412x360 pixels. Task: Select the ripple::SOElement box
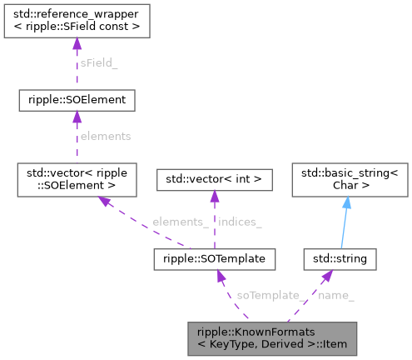[x=77, y=101]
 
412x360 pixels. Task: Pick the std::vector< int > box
[x=214, y=178]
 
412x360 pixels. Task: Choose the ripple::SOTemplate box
[x=214, y=260]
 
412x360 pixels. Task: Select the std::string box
[x=340, y=260]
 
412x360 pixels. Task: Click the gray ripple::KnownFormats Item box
[x=272, y=335]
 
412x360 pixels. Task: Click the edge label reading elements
[x=105, y=135]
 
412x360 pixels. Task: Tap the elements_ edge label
[x=179, y=222]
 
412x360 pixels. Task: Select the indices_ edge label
[x=240, y=222]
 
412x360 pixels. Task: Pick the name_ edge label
[x=336, y=296]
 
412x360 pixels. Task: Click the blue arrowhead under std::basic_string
[x=346, y=202]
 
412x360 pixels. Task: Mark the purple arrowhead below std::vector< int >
[x=214, y=196]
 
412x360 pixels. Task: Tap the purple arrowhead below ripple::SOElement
[x=77, y=118]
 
